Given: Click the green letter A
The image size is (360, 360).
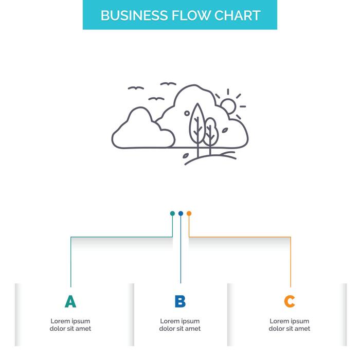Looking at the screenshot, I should click(70, 301).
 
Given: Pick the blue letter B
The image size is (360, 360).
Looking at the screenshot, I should click(180, 301).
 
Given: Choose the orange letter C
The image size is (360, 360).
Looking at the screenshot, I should click(290, 301).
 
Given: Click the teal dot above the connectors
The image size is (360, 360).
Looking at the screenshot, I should click(172, 213).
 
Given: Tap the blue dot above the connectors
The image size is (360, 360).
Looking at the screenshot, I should click(181, 213).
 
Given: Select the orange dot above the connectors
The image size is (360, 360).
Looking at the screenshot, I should click(189, 213).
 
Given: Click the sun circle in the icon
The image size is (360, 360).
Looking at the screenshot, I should click(228, 106).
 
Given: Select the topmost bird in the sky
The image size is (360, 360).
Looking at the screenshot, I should click(168, 84).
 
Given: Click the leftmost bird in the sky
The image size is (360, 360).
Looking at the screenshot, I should click(136, 88).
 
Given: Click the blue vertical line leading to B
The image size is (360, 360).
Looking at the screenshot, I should click(181, 252).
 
